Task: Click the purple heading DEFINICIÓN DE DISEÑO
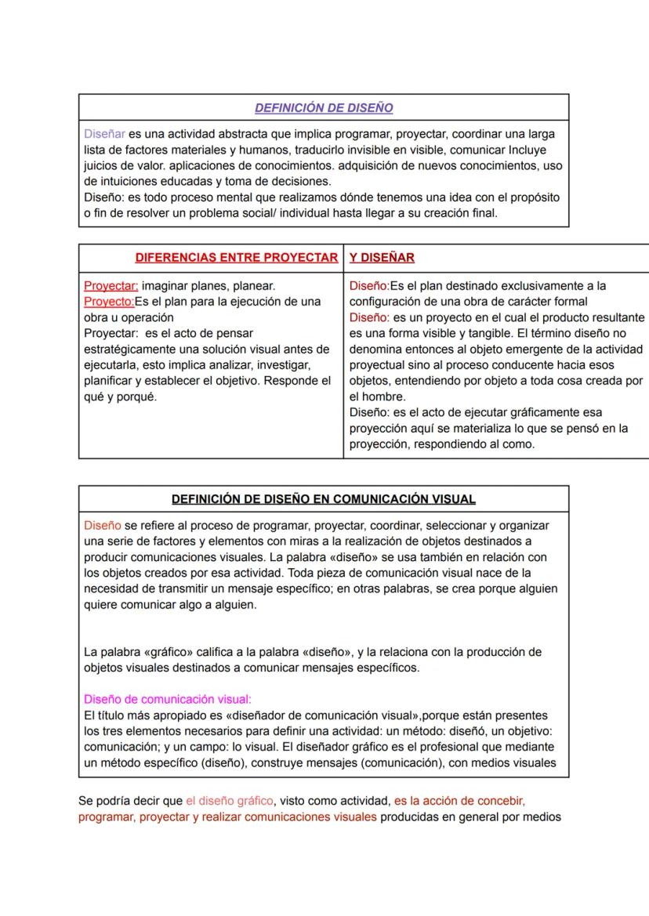coord(324,107)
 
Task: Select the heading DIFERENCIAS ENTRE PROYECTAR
coord(237,257)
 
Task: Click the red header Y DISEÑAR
coord(382,257)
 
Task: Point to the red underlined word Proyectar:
coord(111,286)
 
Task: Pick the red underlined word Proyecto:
coord(109,302)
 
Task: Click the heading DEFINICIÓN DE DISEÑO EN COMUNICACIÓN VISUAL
coord(324,499)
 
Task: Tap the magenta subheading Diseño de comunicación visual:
coord(167,700)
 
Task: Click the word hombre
coord(383,396)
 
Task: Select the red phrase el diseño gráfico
coord(230,801)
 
